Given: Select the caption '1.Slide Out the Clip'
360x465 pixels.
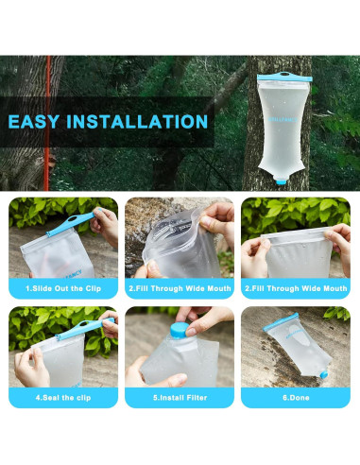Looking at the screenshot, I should click(63, 287).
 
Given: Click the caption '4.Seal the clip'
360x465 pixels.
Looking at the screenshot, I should click(63, 398).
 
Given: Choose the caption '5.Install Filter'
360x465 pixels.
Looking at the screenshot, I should click(179, 398).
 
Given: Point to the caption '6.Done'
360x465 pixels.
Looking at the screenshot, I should click(295, 398).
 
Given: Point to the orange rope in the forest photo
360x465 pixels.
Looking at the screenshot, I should click(48, 123).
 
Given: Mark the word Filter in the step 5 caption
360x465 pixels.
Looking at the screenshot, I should click(197, 398).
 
